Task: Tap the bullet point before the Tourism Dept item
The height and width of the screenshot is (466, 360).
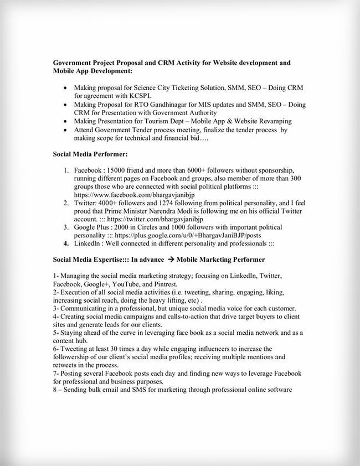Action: (66, 121)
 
